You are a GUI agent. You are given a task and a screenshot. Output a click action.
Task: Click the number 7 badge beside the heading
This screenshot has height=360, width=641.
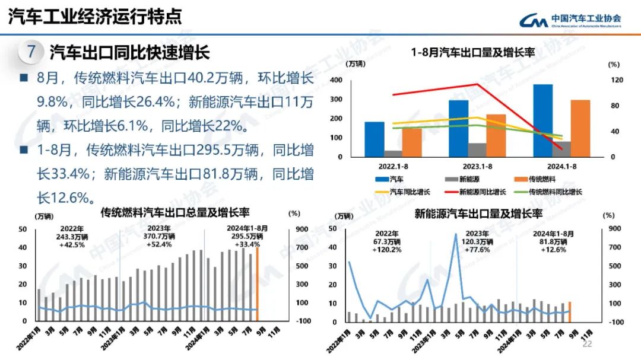(x=30, y=52)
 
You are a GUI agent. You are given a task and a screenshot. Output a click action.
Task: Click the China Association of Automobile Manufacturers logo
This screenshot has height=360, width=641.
(x=570, y=20)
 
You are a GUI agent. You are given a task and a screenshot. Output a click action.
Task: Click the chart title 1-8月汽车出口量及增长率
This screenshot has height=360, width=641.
(x=473, y=53)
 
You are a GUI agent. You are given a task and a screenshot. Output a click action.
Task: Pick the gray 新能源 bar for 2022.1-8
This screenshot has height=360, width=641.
(x=393, y=154)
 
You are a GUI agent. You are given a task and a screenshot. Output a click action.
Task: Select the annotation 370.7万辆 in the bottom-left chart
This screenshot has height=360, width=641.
(x=159, y=236)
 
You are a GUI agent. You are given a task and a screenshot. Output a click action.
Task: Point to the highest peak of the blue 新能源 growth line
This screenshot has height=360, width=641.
(x=456, y=234)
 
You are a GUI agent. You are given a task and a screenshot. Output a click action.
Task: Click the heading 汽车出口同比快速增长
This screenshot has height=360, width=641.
(x=129, y=52)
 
